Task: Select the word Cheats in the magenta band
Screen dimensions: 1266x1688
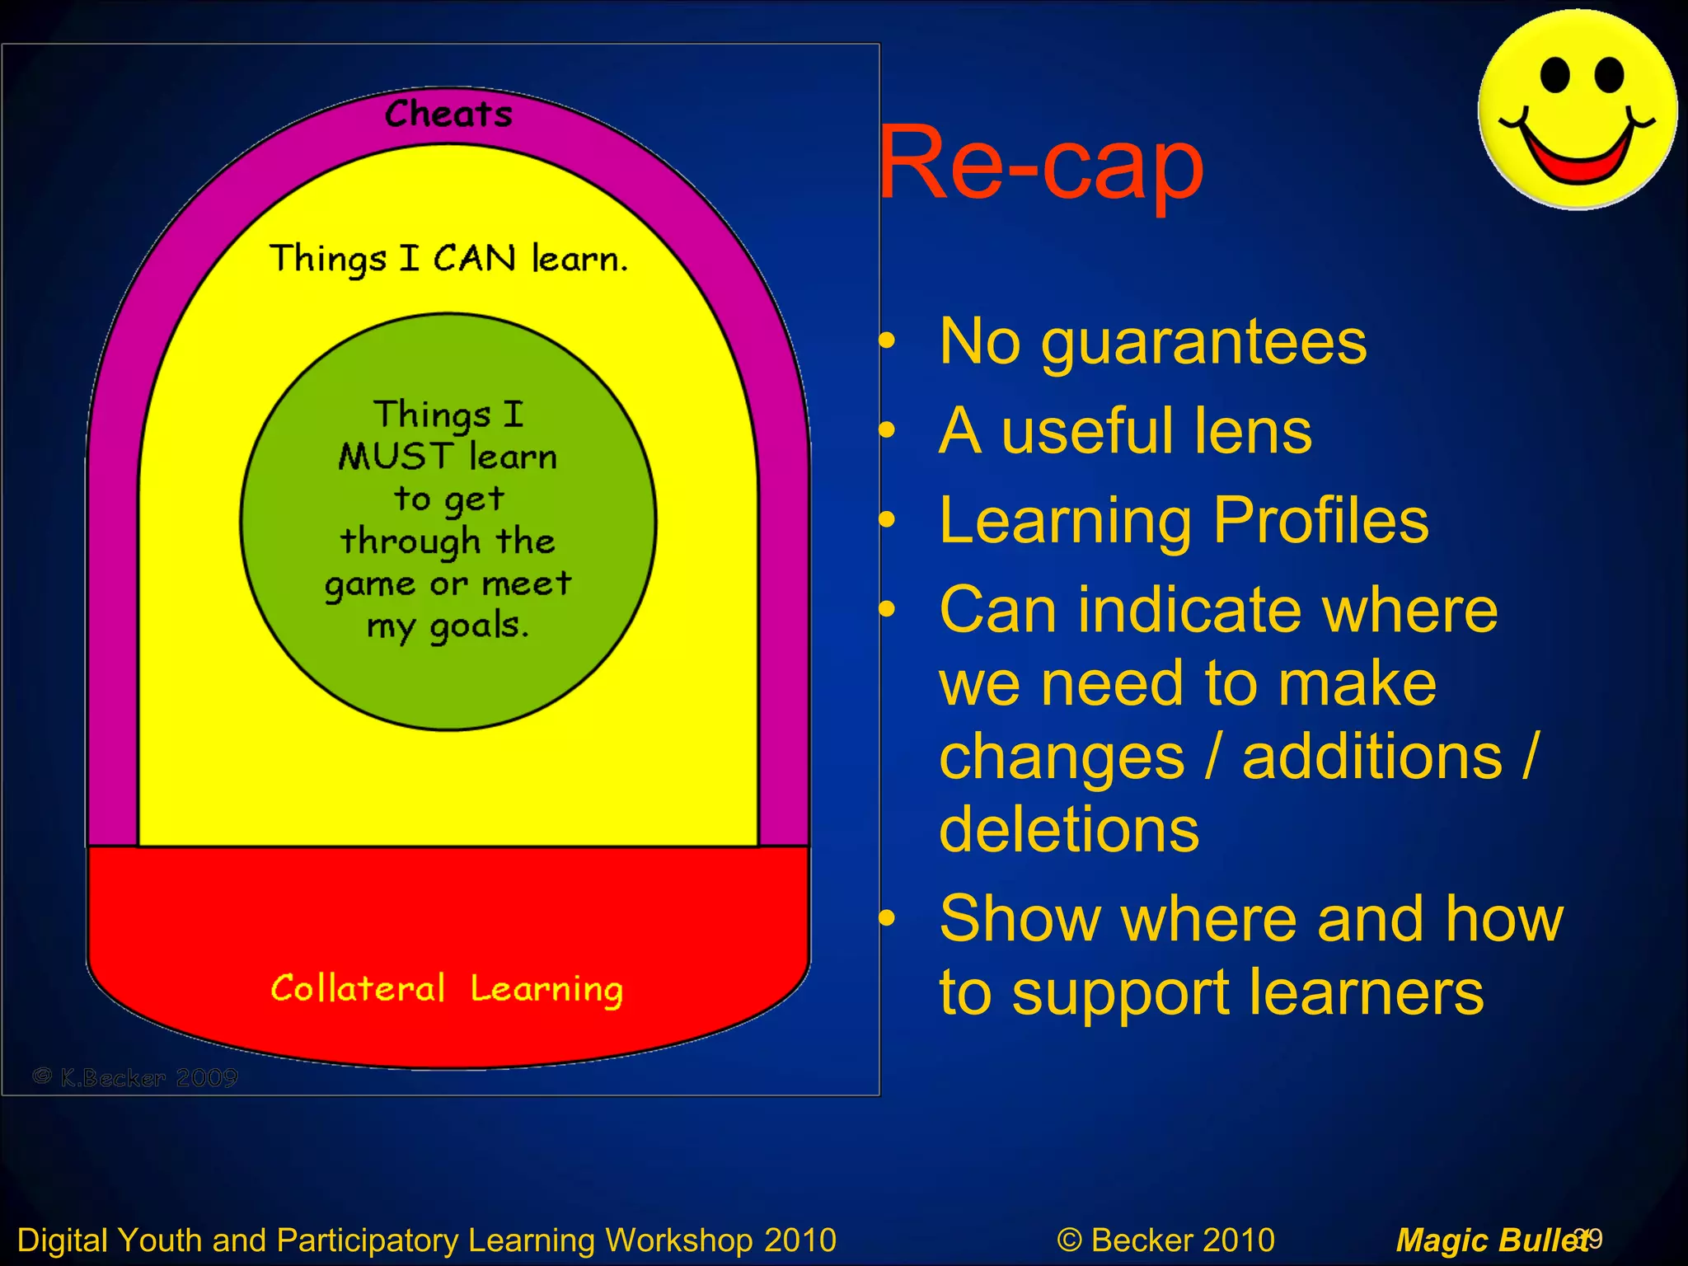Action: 448,115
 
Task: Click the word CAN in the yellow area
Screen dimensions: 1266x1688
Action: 475,259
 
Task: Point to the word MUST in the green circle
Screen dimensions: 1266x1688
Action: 396,457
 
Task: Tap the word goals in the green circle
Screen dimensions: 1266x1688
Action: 478,626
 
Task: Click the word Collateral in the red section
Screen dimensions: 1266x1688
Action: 358,988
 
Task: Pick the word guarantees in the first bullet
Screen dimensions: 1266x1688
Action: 1203,342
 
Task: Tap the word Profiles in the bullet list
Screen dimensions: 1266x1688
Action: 1320,521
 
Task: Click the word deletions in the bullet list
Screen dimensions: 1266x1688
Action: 1069,829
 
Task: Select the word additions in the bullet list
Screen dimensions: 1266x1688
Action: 1371,757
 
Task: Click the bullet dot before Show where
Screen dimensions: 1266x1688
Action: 887,918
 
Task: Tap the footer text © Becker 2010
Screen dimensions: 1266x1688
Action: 1165,1240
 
